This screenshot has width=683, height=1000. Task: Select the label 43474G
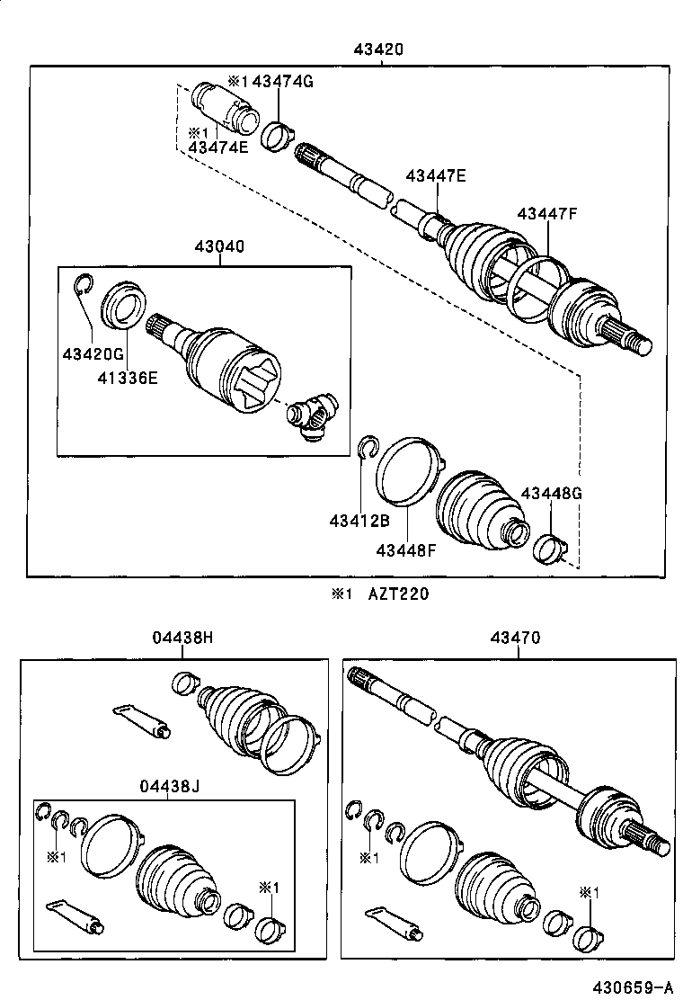[281, 82]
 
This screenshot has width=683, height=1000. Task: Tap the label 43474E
[217, 147]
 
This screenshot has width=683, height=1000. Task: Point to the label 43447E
[436, 176]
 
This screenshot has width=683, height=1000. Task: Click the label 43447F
[547, 213]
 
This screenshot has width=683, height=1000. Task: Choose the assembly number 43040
[218, 246]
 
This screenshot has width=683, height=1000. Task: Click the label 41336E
[128, 378]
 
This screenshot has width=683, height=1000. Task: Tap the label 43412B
[359, 521]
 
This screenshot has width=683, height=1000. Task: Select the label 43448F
[406, 549]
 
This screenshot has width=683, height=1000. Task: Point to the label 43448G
[552, 494]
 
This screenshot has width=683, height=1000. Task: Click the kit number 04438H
[182, 638]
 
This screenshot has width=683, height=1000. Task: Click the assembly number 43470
[515, 638]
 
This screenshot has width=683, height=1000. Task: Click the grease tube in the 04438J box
[75, 913]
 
